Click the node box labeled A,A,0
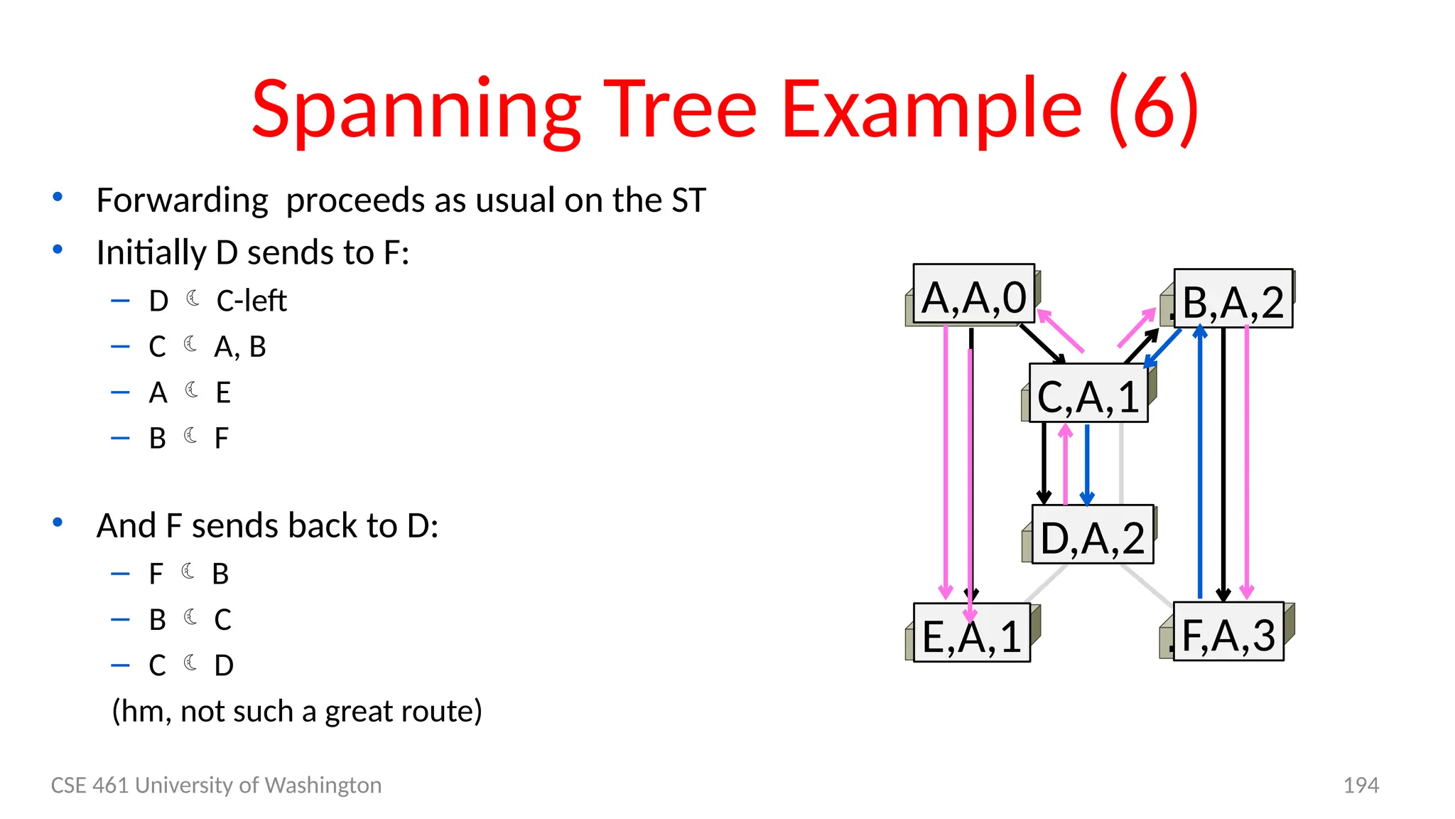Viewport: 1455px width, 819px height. [x=973, y=294]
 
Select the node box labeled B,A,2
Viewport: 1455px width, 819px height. [x=1233, y=299]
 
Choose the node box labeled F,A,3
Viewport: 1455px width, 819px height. [x=1228, y=632]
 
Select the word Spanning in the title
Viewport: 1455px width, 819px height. [x=416, y=109]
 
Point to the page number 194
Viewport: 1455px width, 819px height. [x=1361, y=785]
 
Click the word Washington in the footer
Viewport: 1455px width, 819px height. [x=323, y=785]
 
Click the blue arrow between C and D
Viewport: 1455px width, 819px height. [x=1087, y=462]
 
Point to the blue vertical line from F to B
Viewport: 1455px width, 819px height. [x=1200, y=462]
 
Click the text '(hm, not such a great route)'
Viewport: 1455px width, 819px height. [x=297, y=711]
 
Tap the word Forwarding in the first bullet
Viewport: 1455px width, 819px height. [x=183, y=200]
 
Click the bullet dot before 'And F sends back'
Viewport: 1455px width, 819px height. [x=58, y=523]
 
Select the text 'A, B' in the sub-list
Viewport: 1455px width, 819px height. [x=240, y=347]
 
